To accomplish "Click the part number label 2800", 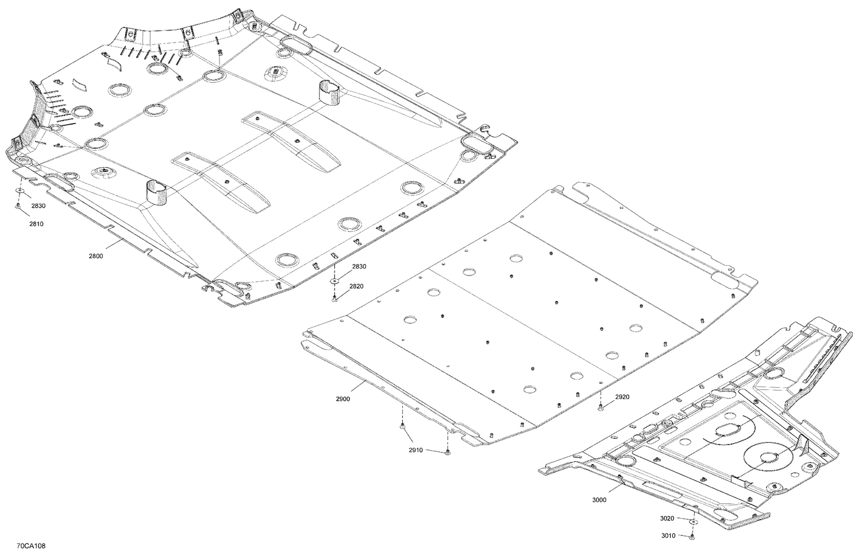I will pos(96,256).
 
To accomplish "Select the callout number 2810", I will pos(37,224).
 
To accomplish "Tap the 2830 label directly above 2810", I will pos(39,206).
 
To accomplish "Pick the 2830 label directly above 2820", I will pos(359,267).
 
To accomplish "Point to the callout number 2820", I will pos(357,286).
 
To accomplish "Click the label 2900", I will pos(344,398).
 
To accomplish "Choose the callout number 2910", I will pos(416,450).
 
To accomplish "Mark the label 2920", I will pos(622,397).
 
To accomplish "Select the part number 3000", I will pos(599,500).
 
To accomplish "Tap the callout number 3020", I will pos(667,518).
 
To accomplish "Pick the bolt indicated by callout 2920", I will pos(601,408).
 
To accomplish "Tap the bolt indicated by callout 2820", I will pos(334,298).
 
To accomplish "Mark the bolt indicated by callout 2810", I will pos(18,205).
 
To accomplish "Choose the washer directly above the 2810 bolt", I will pos(20,190).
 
